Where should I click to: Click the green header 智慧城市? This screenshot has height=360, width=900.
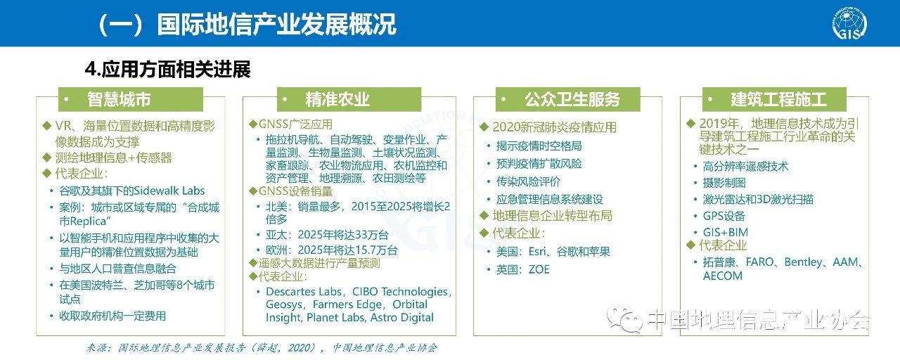click(131, 99)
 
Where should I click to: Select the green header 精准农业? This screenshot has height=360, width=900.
click(349, 99)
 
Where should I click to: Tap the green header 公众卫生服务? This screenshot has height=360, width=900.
click(567, 99)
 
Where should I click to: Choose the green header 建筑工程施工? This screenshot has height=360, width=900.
click(774, 99)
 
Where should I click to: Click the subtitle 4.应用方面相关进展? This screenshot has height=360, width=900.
click(167, 69)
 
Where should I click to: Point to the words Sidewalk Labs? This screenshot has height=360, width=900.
click(169, 191)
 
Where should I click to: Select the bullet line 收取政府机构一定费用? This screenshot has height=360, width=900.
click(112, 316)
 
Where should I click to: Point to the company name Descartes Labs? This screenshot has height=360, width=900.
click(303, 291)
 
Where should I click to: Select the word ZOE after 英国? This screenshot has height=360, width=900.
click(539, 269)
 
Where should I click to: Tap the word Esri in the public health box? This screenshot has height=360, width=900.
click(537, 252)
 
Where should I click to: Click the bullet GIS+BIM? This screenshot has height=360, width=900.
click(725, 232)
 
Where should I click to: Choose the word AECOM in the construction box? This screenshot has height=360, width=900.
click(722, 276)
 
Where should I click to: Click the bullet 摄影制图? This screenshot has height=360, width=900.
click(724, 183)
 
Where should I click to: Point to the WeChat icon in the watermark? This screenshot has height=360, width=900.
click(624, 319)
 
